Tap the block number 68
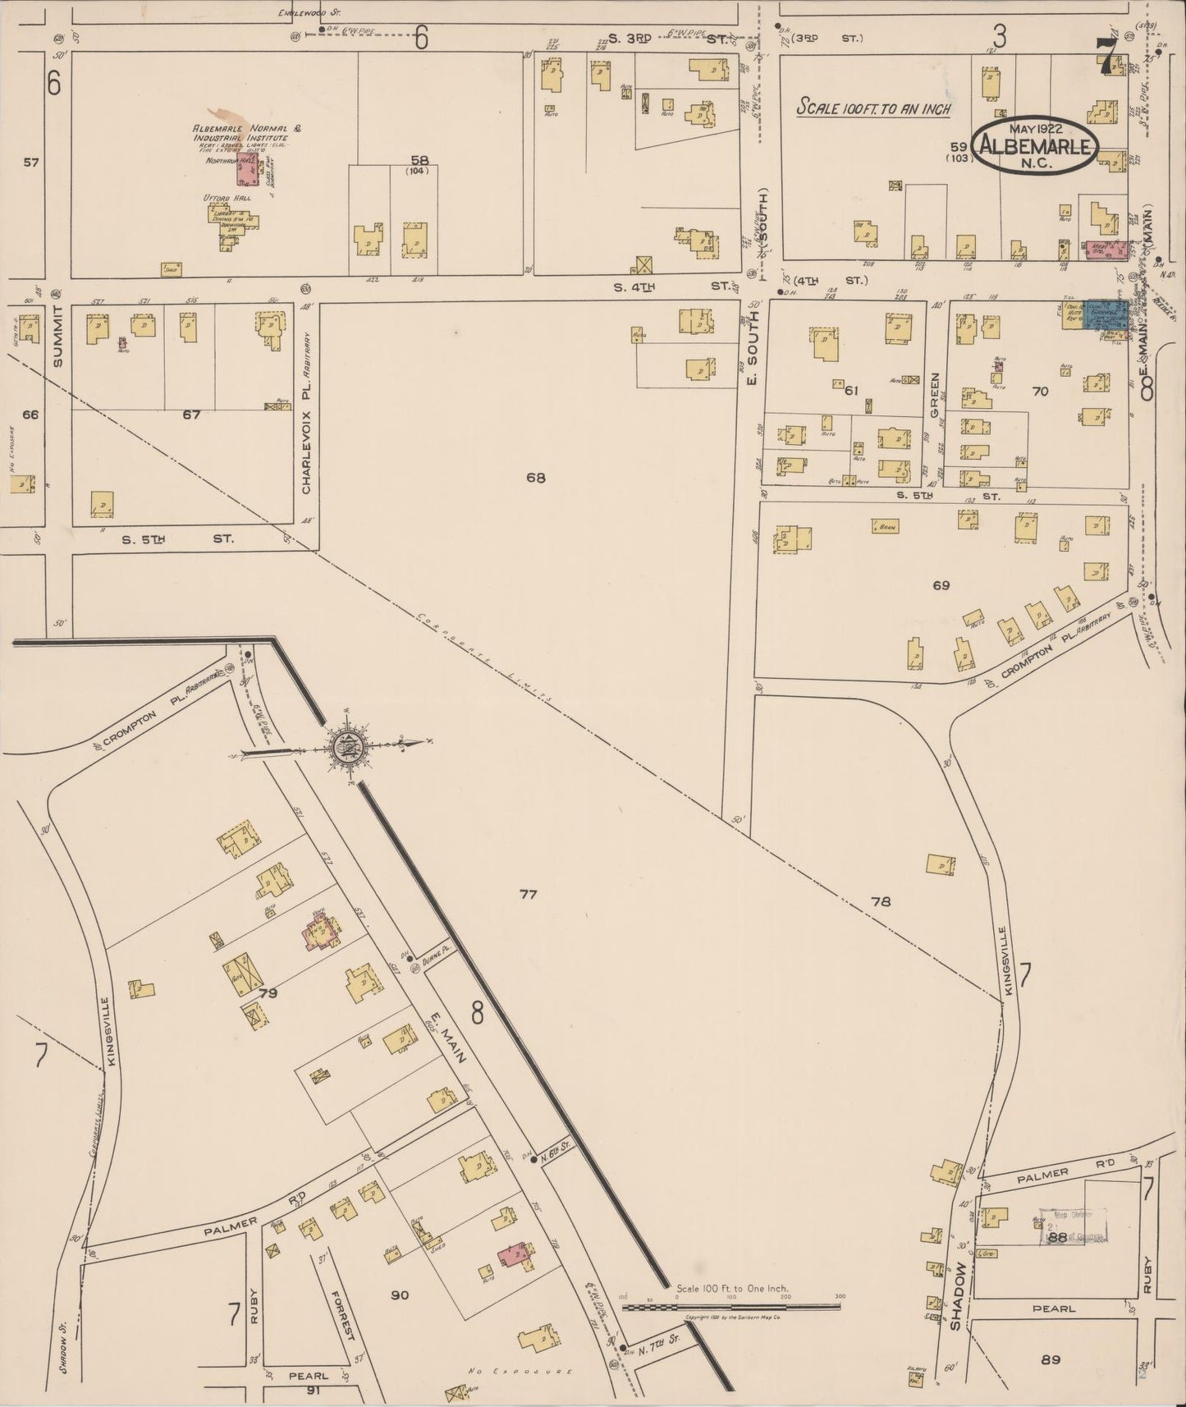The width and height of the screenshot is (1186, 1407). point(536,477)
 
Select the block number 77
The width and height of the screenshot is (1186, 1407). point(528,894)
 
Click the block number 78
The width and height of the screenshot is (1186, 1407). point(881,901)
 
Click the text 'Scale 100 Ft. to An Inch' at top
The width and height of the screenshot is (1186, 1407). point(875,108)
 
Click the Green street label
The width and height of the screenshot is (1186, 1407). point(935,391)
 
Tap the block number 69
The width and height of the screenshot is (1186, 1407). point(941,585)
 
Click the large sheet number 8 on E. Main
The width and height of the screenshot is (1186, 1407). point(477,1014)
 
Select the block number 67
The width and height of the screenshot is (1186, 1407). point(191,415)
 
